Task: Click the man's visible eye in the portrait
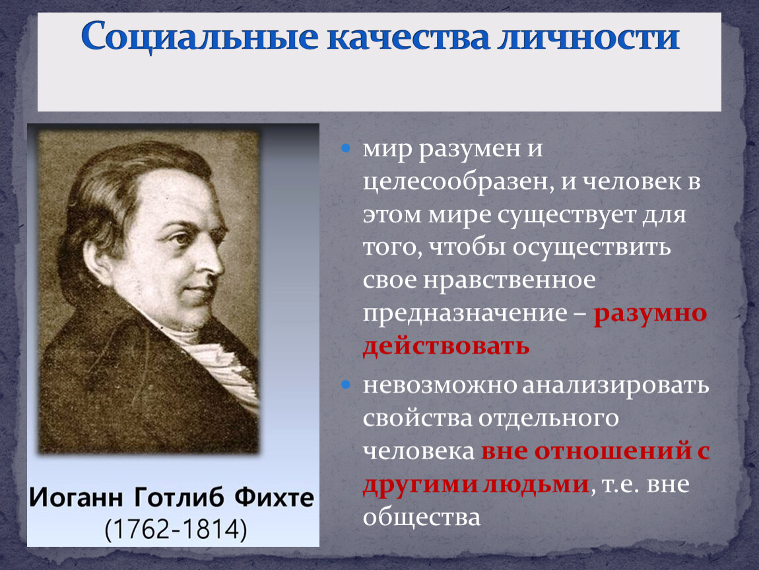click(182, 239)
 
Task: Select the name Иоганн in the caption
click(76, 498)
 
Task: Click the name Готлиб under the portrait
click(179, 497)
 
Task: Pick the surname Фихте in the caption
click(274, 497)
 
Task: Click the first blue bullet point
click(346, 148)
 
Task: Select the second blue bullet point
click(346, 385)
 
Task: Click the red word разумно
click(651, 314)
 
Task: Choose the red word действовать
click(445, 346)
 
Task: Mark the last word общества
click(422, 517)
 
